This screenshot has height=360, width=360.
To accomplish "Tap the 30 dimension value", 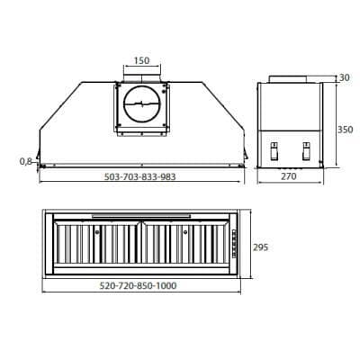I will [342, 78].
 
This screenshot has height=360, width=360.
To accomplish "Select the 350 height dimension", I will [346, 130].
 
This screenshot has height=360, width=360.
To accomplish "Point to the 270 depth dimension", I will [288, 176].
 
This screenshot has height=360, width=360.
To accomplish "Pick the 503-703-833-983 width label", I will [139, 177].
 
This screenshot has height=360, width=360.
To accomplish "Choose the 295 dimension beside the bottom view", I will [260, 247].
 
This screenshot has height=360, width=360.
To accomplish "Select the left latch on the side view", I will [273, 151].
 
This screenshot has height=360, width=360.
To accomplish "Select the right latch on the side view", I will [306, 151].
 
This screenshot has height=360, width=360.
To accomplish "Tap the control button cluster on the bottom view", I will [232, 245].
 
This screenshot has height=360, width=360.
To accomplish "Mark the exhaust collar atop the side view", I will [290, 78].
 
